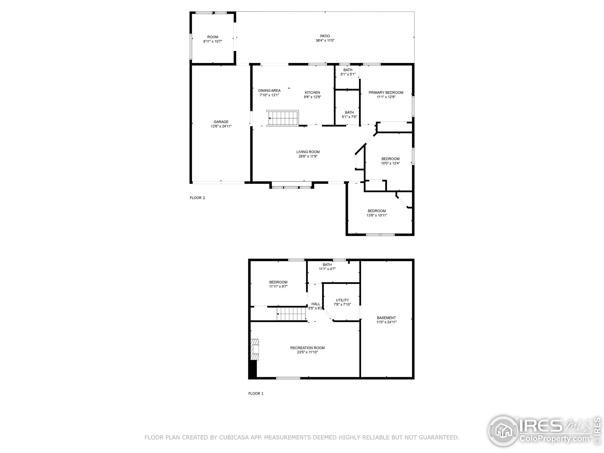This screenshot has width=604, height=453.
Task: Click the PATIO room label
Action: click(325, 36)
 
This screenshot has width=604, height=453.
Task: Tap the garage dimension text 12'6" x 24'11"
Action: click(221, 126)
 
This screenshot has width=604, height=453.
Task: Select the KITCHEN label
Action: click(312, 92)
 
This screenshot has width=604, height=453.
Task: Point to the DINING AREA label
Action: click(269, 91)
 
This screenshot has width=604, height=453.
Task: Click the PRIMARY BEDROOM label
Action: click(386, 92)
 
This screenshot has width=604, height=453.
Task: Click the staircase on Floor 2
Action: click(283, 118)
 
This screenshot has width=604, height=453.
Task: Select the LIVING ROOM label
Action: click(308, 152)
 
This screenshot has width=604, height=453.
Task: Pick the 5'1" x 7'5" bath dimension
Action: click(349, 117)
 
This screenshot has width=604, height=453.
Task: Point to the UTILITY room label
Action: click(342, 300)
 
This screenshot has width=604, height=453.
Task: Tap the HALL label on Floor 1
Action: click(316, 304)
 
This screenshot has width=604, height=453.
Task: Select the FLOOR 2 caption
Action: click(197, 198)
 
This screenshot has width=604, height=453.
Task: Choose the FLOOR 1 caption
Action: click(256, 394)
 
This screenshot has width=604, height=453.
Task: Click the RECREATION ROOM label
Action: click(307, 348)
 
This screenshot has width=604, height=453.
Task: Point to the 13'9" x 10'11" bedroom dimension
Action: click(377, 215)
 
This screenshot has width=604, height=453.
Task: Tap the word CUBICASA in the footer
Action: click(234, 437)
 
